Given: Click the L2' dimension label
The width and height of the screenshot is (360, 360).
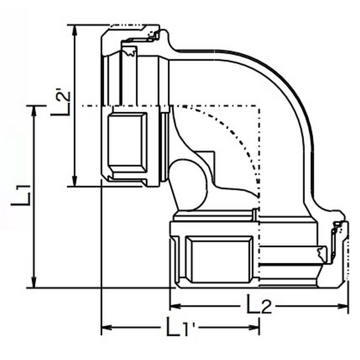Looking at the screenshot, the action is pos(60,103).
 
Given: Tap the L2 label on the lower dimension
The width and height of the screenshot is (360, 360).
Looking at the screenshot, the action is pos(259,304).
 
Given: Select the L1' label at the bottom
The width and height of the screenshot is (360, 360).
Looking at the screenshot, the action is pos(181,327).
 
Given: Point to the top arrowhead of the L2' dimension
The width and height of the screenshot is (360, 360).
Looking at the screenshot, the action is pos(75,30).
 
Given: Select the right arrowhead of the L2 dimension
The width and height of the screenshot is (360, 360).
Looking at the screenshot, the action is pos(343,306).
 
